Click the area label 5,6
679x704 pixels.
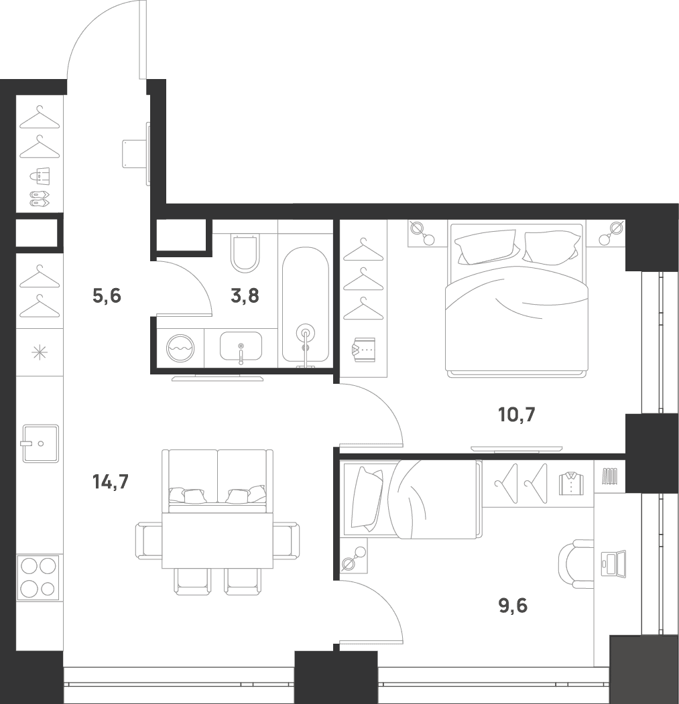point(107,296)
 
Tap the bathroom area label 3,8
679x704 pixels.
point(245,296)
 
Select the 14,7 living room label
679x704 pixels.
point(111,482)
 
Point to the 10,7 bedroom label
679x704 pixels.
point(517,415)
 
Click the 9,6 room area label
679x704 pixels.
point(513,606)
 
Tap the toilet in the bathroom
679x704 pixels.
point(245,253)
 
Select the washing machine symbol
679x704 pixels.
point(180,348)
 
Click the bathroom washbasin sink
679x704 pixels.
point(241,346)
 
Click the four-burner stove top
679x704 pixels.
point(38,577)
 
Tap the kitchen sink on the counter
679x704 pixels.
point(40,443)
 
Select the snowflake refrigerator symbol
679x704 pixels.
point(40,352)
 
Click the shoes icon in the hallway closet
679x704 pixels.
point(40,198)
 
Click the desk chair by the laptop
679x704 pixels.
point(575,563)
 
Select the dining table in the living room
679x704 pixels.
point(217,541)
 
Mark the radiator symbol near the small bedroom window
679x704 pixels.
point(610,476)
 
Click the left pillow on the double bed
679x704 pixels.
point(485,247)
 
